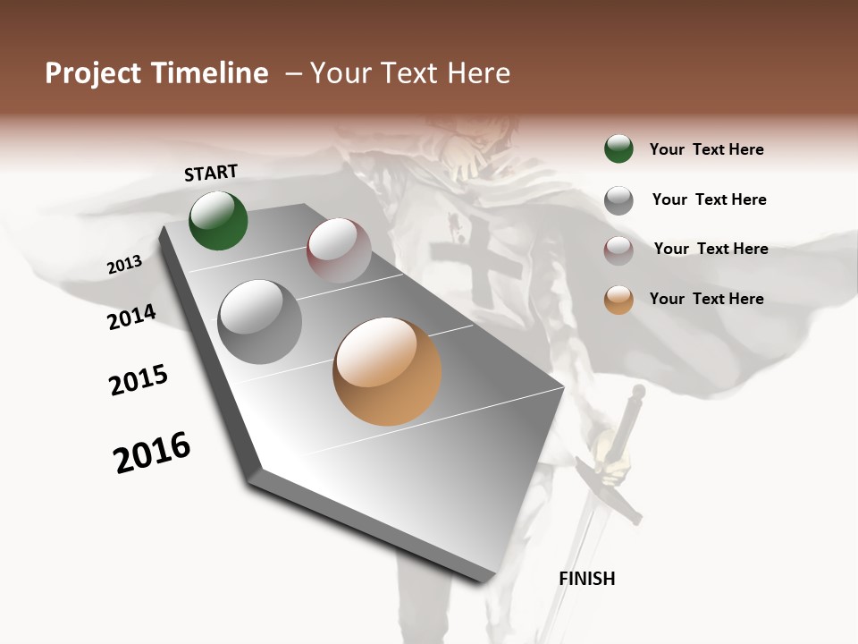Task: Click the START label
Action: coord(211,173)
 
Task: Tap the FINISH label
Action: coord(587,579)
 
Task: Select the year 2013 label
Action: coord(124,265)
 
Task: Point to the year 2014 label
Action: coord(131,317)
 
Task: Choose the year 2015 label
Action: coord(139,380)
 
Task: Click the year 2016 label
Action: coord(152,453)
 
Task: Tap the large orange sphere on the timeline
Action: coord(387,371)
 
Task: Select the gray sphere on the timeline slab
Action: coord(260,322)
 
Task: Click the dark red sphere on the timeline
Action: coord(339,251)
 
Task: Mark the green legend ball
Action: coord(618,148)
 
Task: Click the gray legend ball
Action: coord(618,200)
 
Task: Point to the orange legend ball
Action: coord(618,300)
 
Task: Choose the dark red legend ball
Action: coord(618,250)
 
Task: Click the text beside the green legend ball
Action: coord(706,149)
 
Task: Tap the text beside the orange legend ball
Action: coord(706,299)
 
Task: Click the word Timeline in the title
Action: coord(210,73)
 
